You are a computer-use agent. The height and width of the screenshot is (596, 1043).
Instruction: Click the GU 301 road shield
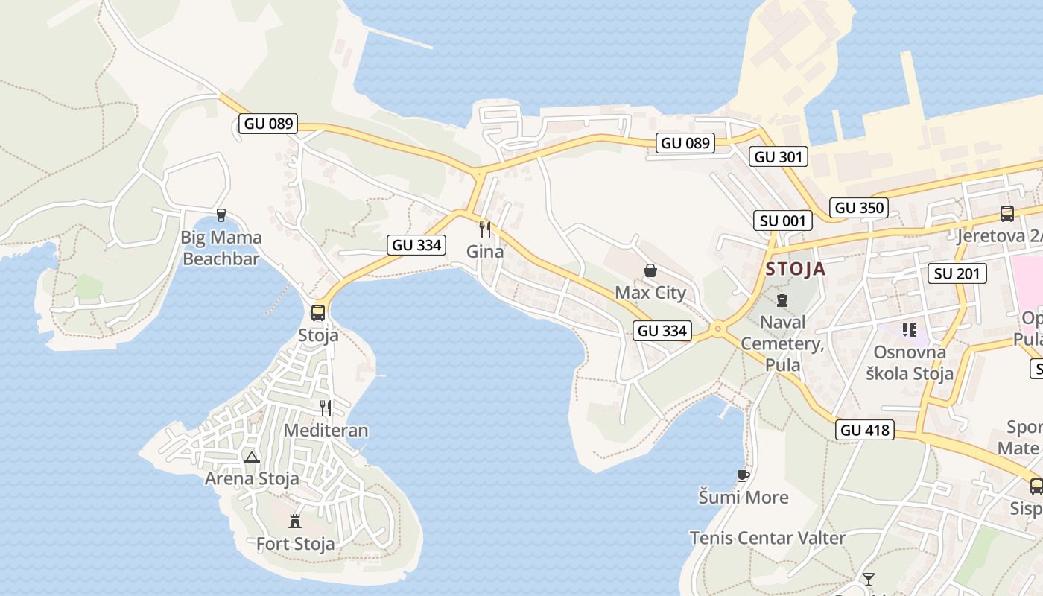click(x=779, y=156)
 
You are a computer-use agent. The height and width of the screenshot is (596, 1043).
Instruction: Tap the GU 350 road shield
click(x=860, y=208)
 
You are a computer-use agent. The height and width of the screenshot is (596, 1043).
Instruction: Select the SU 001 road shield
click(x=782, y=221)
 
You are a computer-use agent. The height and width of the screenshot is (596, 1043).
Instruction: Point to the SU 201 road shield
click(x=957, y=273)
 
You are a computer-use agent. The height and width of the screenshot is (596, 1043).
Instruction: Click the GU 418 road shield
click(x=865, y=430)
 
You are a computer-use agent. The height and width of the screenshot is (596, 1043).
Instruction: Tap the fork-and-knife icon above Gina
click(x=485, y=229)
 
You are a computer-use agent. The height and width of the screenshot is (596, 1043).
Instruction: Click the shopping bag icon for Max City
click(x=650, y=270)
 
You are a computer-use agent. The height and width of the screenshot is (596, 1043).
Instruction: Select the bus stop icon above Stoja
click(x=318, y=312)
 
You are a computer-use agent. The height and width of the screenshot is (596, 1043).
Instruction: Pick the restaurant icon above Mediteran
click(x=326, y=408)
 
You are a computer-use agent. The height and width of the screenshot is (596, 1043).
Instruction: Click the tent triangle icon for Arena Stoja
click(x=252, y=457)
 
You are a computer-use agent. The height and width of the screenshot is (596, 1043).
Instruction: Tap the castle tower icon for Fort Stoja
click(x=295, y=521)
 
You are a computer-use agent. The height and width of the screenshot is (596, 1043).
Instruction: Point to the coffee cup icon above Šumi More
click(x=743, y=475)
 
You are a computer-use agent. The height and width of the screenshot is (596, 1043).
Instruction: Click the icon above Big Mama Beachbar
click(x=221, y=215)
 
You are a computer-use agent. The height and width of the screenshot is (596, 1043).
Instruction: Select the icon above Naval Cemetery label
click(x=782, y=300)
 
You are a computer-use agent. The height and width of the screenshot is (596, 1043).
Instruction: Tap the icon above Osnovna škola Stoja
click(x=909, y=329)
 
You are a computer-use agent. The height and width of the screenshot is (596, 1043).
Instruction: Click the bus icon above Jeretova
click(x=1007, y=214)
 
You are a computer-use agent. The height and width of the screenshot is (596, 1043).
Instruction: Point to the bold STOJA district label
click(x=796, y=269)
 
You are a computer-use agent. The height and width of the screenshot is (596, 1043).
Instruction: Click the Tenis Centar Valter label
click(x=767, y=538)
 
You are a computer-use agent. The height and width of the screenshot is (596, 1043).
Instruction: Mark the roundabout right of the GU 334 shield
click(x=718, y=329)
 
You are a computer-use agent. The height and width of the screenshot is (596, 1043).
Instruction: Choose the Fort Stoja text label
click(x=295, y=544)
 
